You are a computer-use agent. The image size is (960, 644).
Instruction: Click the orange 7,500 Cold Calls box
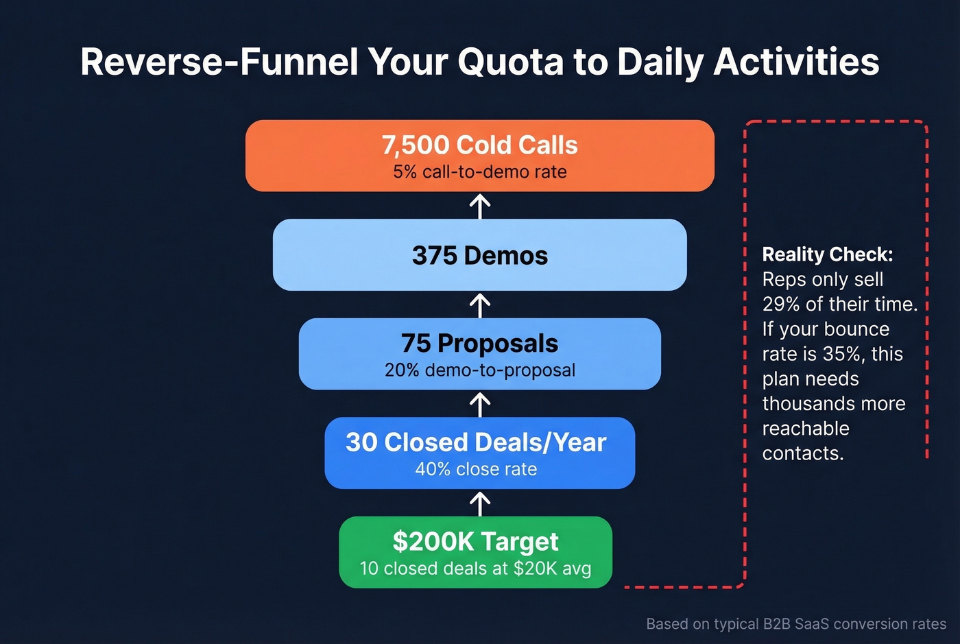point(480,155)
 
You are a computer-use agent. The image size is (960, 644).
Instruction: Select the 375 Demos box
point(480,255)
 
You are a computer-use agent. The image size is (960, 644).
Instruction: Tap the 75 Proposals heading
point(480,343)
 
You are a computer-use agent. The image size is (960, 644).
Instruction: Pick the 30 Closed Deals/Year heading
point(476,442)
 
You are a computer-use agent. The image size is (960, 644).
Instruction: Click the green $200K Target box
point(475,551)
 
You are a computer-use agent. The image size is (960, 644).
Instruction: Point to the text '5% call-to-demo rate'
point(480,172)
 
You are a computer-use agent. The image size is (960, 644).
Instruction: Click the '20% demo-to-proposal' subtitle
point(480,370)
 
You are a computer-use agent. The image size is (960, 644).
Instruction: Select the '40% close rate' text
point(476,469)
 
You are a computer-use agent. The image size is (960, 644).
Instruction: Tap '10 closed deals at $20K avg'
point(475,569)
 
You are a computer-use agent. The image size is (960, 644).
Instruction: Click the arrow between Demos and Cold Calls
point(480,206)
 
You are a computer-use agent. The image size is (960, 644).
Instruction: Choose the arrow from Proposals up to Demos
point(480,305)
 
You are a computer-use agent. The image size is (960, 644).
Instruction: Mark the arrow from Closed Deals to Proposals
point(480,404)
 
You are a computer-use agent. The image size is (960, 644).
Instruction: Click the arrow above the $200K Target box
point(480,503)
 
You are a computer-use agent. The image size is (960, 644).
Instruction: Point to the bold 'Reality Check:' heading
point(828,254)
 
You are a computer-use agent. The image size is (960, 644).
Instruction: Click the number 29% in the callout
point(781,305)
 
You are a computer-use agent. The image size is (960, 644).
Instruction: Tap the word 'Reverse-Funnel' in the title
point(219,62)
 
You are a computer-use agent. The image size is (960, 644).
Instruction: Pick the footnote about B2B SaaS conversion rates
point(796,624)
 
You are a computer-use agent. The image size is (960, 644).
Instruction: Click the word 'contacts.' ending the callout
point(803,453)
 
